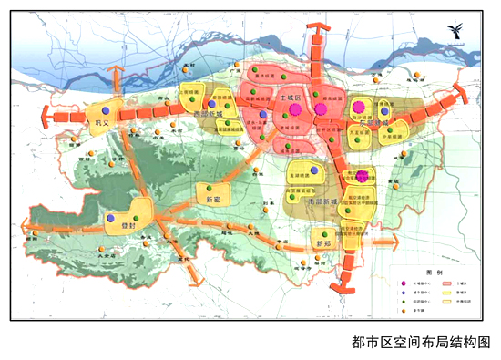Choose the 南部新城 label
[x=321, y=201]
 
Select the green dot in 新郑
[x=321, y=234]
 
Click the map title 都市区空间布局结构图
[x=420, y=342]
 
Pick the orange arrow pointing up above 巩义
[x=113, y=74]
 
